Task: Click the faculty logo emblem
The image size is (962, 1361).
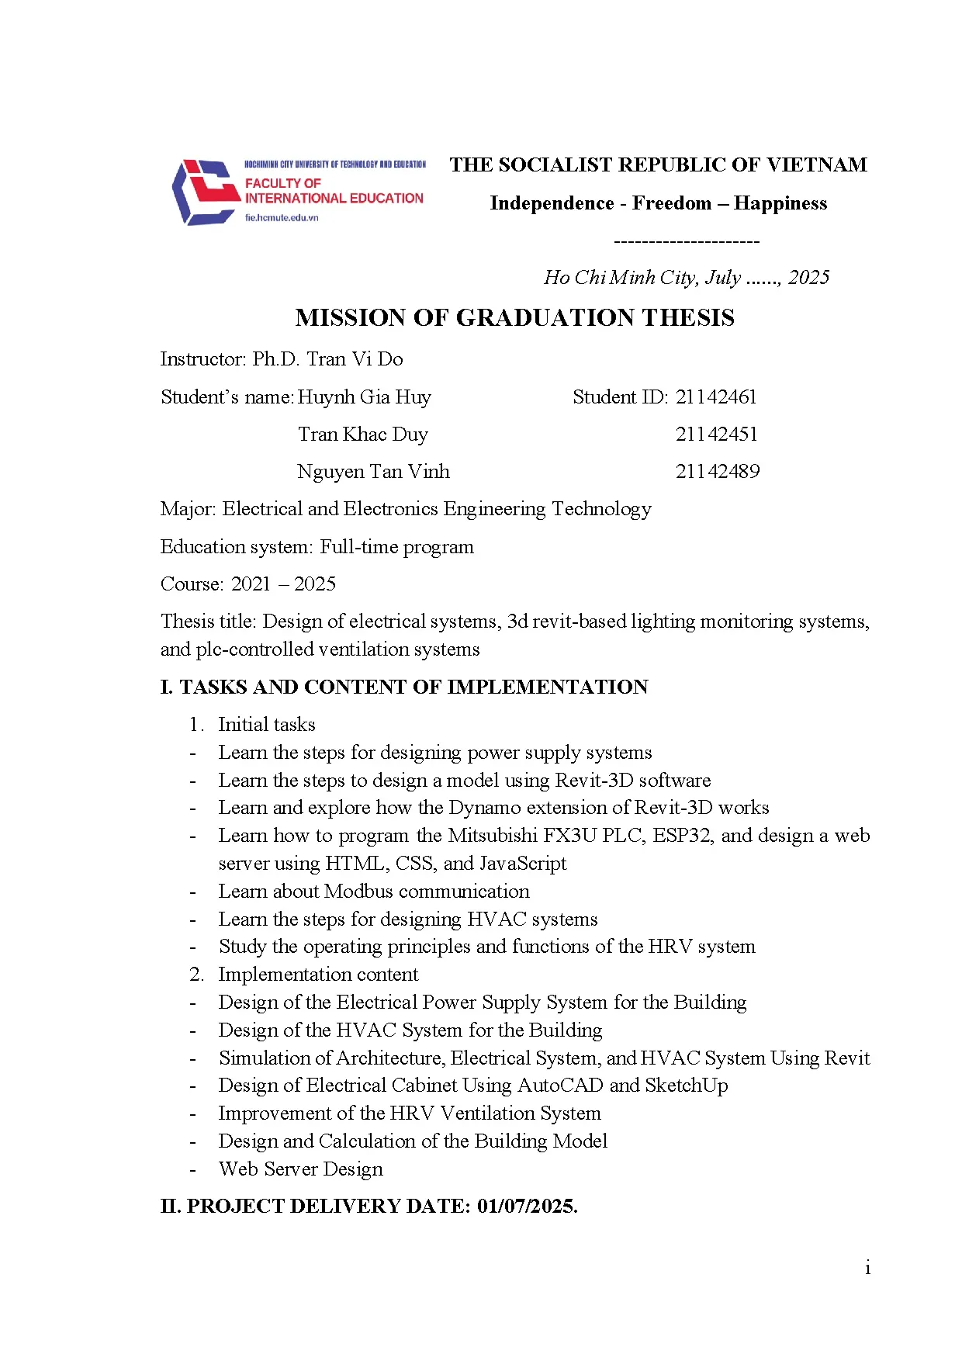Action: tap(204, 192)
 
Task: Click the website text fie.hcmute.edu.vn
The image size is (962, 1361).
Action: tap(282, 218)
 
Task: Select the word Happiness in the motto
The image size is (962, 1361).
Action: tap(780, 203)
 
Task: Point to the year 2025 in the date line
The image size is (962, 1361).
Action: tap(808, 278)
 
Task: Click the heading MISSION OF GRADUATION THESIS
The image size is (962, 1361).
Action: tap(514, 317)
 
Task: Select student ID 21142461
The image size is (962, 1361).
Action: tap(715, 397)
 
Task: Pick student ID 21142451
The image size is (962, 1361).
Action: tap(716, 435)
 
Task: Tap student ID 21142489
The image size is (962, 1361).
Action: tap(717, 472)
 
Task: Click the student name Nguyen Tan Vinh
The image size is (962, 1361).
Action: tap(373, 472)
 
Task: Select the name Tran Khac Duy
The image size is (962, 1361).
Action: tap(363, 435)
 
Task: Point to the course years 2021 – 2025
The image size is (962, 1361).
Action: tap(283, 584)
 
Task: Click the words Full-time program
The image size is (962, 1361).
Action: tap(396, 547)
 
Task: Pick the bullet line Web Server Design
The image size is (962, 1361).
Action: tap(300, 1169)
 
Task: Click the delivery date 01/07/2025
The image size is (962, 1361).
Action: tap(527, 1207)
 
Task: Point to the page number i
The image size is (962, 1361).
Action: tap(867, 1269)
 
